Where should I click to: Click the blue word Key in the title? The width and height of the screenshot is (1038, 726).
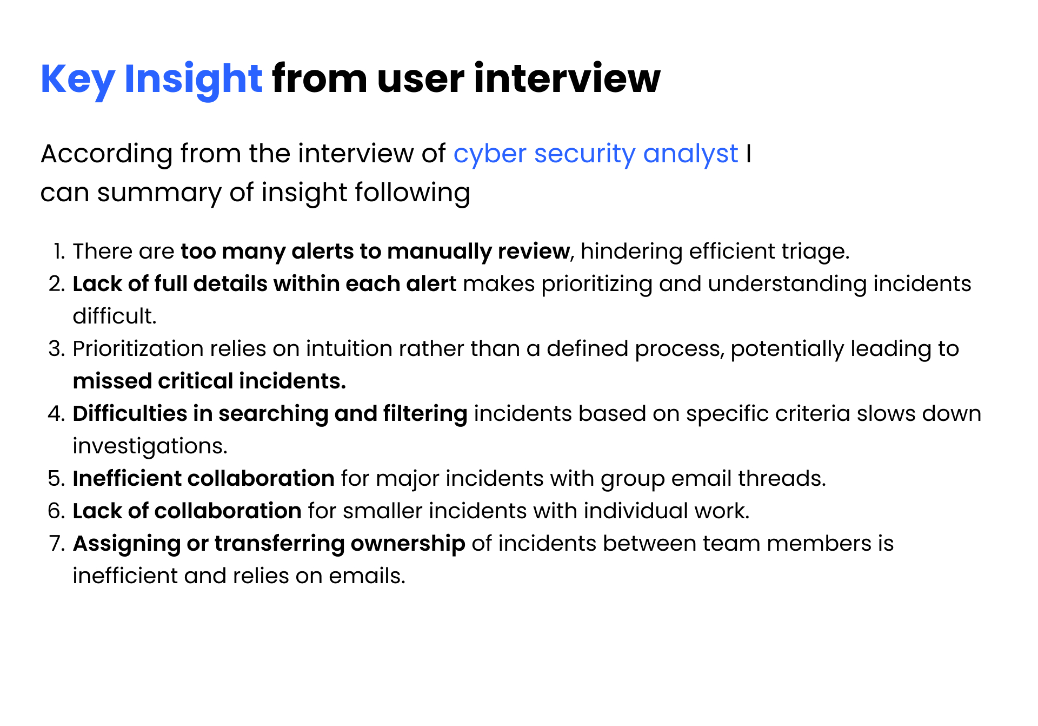coord(77,80)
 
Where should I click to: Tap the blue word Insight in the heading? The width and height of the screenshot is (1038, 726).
coord(193,80)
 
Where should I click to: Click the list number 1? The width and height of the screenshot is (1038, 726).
coord(59,252)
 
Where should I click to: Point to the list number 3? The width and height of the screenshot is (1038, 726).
coord(57,349)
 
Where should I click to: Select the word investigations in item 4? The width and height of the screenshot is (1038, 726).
coord(150,447)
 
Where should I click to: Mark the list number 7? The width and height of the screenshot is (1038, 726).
coord(57,544)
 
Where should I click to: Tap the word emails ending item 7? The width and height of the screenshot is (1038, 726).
coord(367,576)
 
